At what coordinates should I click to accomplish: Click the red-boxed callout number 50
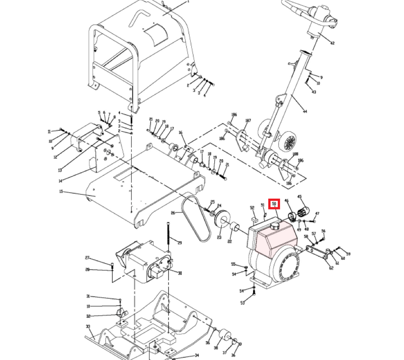(274, 204)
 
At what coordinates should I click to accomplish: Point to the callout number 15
(61, 192)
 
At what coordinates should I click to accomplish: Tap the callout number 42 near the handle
(332, 43)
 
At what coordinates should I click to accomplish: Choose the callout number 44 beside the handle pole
(305, 111)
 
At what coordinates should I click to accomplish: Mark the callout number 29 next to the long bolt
(180, 243)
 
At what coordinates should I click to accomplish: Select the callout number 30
(180, 273)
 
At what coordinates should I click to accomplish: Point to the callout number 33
(88, 326)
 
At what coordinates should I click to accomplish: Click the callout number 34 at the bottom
(196, 356)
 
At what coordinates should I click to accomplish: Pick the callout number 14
(60, 181)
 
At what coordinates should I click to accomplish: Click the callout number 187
(248, 120)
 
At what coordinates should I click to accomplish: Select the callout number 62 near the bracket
(331, 268)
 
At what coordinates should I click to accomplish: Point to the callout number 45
(300, 196)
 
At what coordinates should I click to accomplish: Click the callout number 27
(88, 258)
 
